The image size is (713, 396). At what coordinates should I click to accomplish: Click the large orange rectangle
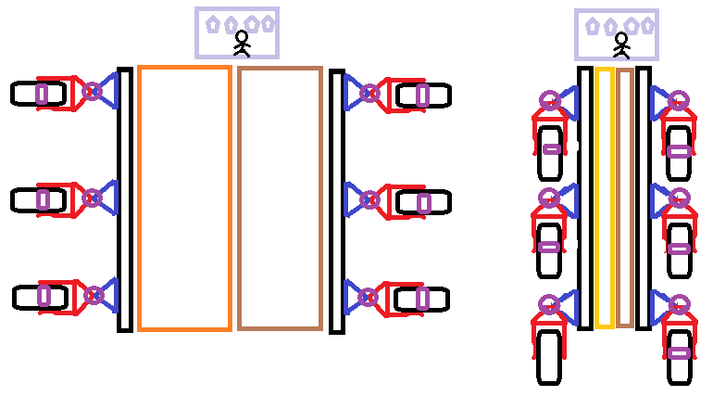(x=184, y=198)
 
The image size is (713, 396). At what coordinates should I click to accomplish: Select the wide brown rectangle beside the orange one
(x=280, y=198)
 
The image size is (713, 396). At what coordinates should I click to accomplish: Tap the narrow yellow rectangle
(x=604, y=197)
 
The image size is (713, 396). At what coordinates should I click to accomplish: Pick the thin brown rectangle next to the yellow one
(x=625, y=197)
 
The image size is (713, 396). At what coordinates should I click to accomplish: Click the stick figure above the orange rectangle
(x=242, y=43)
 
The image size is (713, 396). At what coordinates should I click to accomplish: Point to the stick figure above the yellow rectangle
(x=621, y=44)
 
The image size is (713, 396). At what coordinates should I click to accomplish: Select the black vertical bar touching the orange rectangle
(x=124, y=199)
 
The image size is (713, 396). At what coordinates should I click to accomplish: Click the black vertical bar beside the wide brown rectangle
(x=337, y=200)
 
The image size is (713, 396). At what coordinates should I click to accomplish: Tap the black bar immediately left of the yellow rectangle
(x=584, y=198)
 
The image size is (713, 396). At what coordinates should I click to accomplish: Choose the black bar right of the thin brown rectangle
(x=643, y=198)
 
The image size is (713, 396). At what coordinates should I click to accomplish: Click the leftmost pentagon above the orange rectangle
(x=213, y=24)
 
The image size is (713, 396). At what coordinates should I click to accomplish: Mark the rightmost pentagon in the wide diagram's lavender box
(x=268, y=23)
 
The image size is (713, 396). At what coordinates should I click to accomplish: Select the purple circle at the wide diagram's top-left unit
(x=92, y=91)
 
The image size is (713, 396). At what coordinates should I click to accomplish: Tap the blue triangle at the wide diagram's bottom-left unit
(x=107, y=295)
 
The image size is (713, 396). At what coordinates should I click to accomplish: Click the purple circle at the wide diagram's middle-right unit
(x=369, y=199)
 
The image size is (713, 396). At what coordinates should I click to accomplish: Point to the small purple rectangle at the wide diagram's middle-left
(x=43, y=199)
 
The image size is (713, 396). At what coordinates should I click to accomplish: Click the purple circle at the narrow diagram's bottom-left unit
(x=548, y=303)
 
